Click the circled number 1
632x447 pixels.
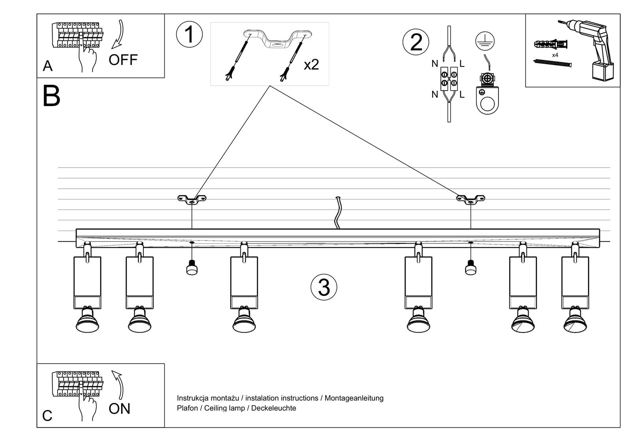click(x=189, y=34)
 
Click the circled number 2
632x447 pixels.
click(x=416, y=42)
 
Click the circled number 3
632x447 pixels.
click(x=324, y=287)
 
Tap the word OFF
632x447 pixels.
click(x=123, y=60)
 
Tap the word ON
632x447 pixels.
click(x=119, y=409)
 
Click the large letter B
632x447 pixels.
click(x=51, y=96)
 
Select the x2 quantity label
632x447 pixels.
click(x=311, y=64)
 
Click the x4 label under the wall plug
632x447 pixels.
click(x=555, y=55)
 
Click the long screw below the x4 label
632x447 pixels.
click(x=552, y=63)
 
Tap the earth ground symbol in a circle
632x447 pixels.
click(x=485, y=41)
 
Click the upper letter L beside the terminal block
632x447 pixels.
click(x=462, y=63)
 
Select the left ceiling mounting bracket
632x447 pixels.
click(x=192, y=199)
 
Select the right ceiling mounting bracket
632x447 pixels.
click(x=470, y=199)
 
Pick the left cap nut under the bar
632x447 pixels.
click(x=192, y=268)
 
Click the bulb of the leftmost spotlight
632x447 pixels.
click(x=87, y=321)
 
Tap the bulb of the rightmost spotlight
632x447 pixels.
click(x=575, y=321)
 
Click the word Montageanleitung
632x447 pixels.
click(x=354, y=398)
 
